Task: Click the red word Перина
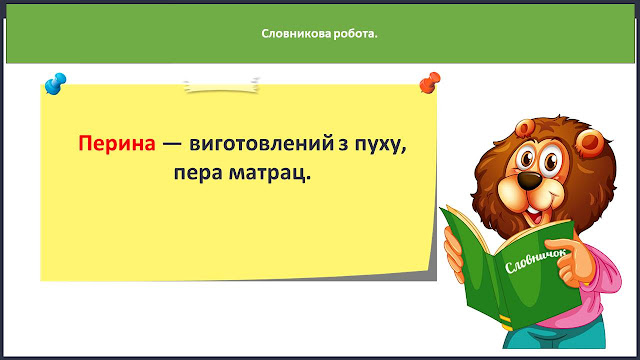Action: click(117, 144)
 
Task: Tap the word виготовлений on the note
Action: click(261, 144)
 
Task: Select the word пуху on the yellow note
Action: click(380, 145)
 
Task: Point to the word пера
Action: click(198, 173)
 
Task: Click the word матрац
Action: click(269, 173)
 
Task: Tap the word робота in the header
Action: click(353, 33)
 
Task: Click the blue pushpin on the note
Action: click(55, 83)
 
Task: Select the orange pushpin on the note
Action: click(430, 82)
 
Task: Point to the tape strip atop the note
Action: click(221, 86)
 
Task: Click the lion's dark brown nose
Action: click(529, 180)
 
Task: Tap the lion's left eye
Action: click(527, 157)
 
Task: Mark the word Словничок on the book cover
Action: click(536, 261)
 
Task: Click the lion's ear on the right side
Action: click(590, 143)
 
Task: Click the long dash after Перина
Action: click(172, 144)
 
